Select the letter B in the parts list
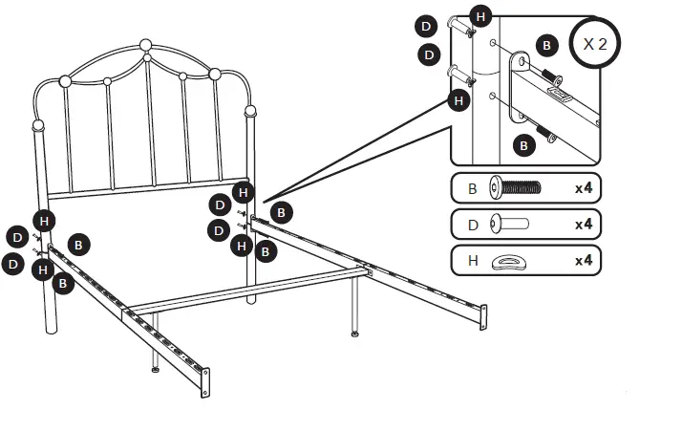[472, 188]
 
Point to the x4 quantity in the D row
[583, 225]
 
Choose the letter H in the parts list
[472, 261]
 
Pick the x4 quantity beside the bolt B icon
[583, 188]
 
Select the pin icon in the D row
[508, 225]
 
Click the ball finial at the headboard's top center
[145, 45]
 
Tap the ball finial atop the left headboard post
[38, 125]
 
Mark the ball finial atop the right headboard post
[251, 111]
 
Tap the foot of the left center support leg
[156, 369]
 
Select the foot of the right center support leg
[355, 334]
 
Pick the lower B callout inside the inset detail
[523, 145]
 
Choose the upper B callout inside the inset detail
[546, 45]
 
